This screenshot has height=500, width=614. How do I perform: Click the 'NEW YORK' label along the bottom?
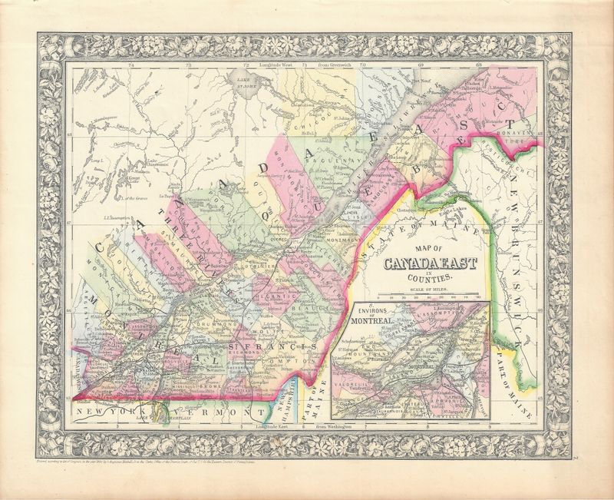pyautogui.click(x=101, y=413)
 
